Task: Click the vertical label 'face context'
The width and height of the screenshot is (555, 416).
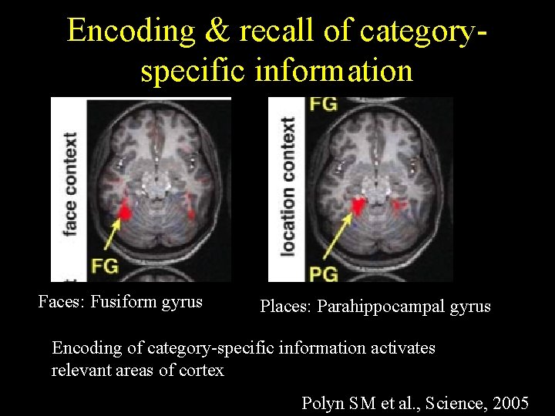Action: point(70,185)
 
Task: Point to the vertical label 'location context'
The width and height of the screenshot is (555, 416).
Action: point(288,185)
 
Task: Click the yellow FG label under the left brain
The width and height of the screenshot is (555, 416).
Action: point(104,266)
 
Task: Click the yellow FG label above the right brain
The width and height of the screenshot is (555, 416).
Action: point(323,104)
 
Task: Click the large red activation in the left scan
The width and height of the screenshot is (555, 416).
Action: point(124,210)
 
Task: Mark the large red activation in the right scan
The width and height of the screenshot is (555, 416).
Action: point(358,205)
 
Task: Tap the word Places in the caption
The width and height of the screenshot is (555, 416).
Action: point(285,307)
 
